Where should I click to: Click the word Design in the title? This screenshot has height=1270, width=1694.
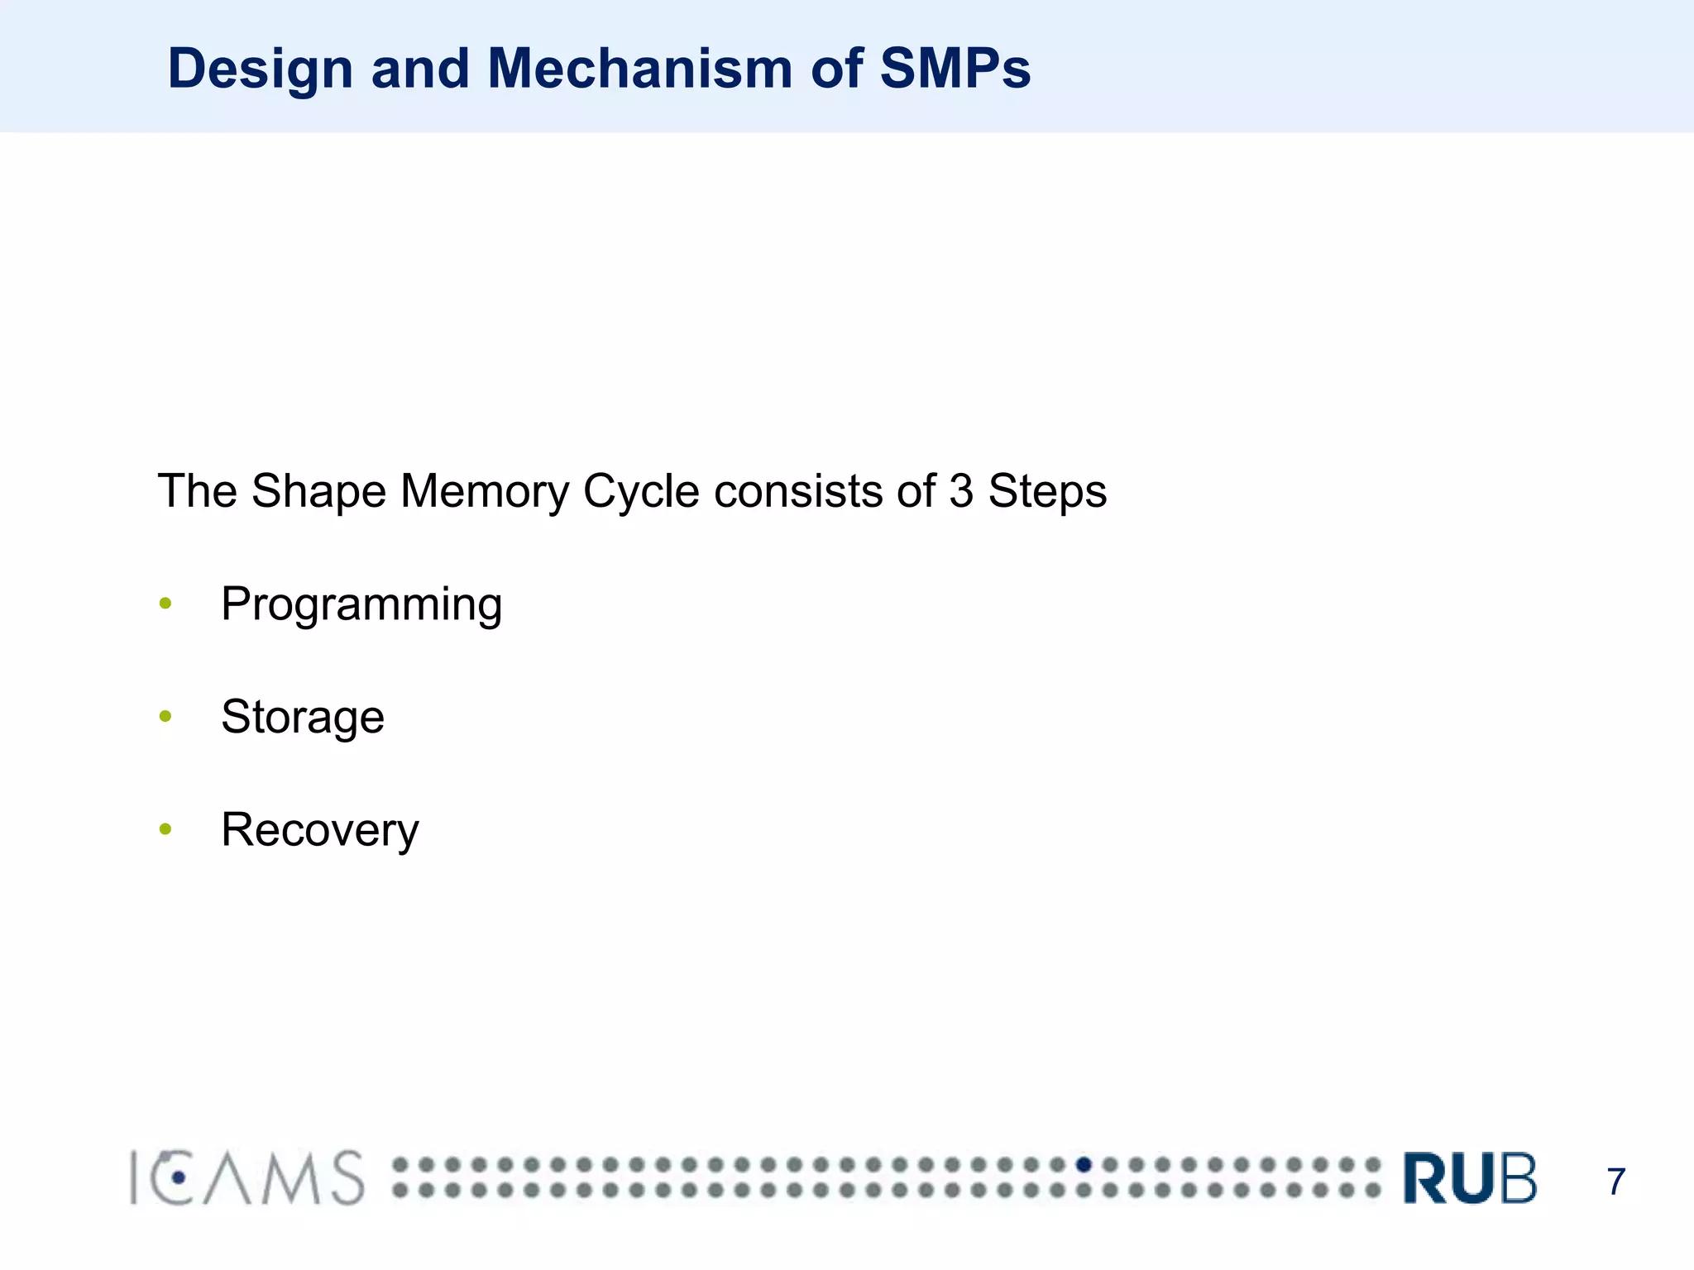(x=260, y=69)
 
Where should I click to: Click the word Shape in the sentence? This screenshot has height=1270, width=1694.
(x=318, y=491)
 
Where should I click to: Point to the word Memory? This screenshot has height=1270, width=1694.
(x=485, y=491)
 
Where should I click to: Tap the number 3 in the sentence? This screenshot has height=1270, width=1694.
(x=961, y=491)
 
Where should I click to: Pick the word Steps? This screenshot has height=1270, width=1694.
(x=1047, y=491)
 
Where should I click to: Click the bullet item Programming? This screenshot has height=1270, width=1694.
(x=361, y=605)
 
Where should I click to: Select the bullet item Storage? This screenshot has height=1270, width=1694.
(x=303, y=717)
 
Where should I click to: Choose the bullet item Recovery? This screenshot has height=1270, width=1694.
(x=320, y=830)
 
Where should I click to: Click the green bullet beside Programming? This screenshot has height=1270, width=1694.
(x=165, y=604)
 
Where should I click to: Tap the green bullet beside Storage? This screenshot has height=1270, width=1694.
(x=165, y=716)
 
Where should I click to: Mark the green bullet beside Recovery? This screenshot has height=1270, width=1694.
(x=165, y=828)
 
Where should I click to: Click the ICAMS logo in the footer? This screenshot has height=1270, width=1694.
(x=246, y=1177)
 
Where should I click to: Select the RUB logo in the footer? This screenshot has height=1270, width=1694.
(x=1470, y=1177)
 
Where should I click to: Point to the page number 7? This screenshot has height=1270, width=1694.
(x=1615, y=1182)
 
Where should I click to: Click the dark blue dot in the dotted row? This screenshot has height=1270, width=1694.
(x=1084, y=1165)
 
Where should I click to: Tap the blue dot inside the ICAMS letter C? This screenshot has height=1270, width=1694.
(x=179, y=1177)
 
